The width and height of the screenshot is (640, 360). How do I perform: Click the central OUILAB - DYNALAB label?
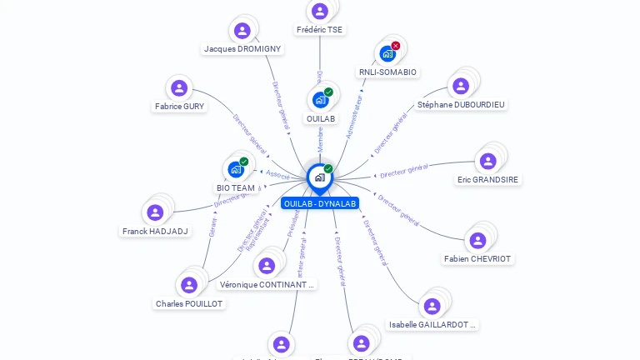point(320,203)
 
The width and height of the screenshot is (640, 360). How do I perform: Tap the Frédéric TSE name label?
point(319,30)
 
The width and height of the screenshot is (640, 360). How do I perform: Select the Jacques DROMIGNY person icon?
point(242,31)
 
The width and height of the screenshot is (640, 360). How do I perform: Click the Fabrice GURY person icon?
point(179,87)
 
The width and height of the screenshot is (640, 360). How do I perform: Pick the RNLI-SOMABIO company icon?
point(387,54)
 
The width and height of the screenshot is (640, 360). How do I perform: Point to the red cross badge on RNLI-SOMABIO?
point(396,45)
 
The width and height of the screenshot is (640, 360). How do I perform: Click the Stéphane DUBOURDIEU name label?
point(461,105)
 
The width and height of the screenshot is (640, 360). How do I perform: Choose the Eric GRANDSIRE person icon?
point(487,161)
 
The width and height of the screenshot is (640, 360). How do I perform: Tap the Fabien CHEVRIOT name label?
point(477,259)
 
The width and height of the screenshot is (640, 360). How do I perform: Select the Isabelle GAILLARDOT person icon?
point(432,306)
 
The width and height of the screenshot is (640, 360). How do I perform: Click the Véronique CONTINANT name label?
point(267,285)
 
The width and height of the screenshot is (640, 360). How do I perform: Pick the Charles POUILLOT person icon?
point(189,285)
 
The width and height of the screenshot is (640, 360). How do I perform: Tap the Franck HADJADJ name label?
point(155,232)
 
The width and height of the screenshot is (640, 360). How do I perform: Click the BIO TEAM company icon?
point(236,169)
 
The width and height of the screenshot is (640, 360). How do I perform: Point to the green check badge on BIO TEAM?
point(244,161)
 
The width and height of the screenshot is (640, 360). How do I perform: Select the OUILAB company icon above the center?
point(320,100)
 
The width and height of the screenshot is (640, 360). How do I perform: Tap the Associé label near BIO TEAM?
point(277,174)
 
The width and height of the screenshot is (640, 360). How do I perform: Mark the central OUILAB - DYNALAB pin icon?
point(319,177)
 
